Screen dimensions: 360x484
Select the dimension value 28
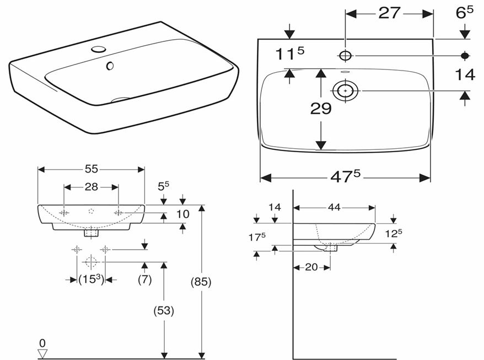point(91,187)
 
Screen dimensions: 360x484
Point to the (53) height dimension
point(164,310)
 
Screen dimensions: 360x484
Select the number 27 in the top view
point(389,13)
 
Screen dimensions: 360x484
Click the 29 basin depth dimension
point(320,109)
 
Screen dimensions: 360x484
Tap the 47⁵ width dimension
point(345,177)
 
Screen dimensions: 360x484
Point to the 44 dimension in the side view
point(334,207)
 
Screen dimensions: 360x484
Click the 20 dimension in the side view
point(311,267)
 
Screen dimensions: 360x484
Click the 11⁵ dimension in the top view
point(290,53)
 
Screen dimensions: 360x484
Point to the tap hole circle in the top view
point(346,55)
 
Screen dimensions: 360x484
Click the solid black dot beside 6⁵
point(465,55)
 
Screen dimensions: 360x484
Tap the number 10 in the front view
point(182,213)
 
